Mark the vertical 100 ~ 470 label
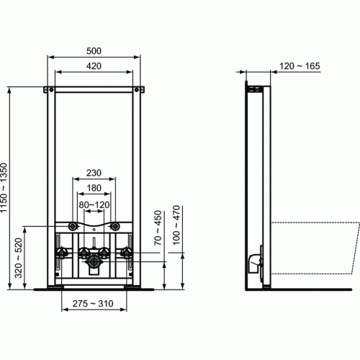[176, 228]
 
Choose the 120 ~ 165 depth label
[300, 66]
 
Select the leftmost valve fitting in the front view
[63, 253]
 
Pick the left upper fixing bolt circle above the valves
[75, 226]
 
